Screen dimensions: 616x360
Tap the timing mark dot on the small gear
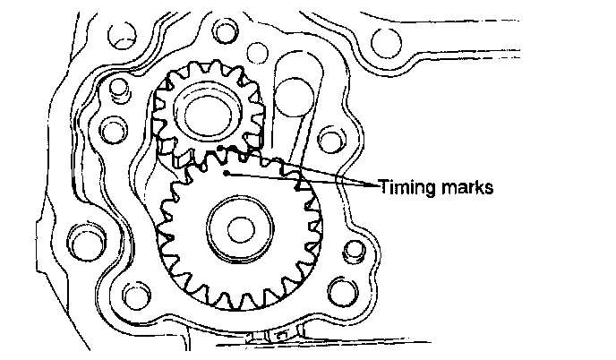click(x=220, y=146)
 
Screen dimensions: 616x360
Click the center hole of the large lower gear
click(x=238, y=229)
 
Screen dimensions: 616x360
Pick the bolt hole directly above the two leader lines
click(x=332, y=141)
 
